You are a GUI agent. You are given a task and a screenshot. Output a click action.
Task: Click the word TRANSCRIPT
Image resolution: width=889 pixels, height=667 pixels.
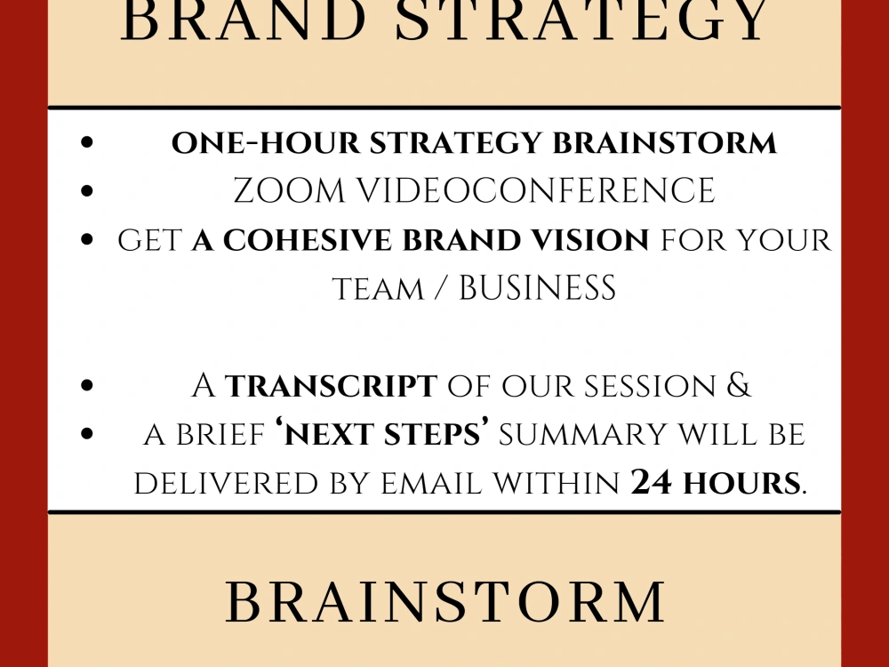pos(331,386)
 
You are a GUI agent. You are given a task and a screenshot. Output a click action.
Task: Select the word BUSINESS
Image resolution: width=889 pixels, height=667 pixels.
pos(537,288)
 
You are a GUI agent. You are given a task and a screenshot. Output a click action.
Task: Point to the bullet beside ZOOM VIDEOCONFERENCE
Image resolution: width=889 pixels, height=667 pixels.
pos(86,191)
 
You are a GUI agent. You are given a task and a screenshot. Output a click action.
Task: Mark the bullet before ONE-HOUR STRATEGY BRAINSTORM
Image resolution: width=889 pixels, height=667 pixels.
pos(86,143)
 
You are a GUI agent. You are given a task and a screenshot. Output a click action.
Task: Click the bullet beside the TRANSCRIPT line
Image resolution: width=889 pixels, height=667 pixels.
pos(86,386)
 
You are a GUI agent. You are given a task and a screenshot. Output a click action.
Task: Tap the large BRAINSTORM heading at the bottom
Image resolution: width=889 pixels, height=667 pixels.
pos(445,602)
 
